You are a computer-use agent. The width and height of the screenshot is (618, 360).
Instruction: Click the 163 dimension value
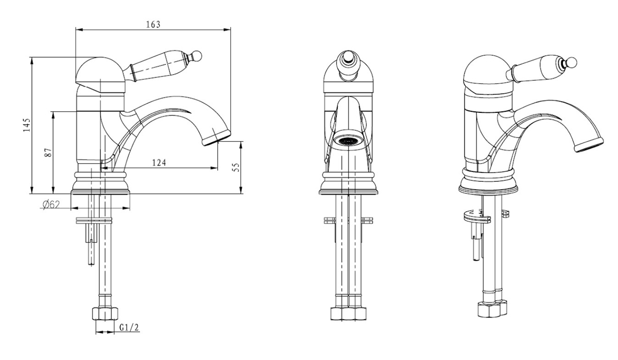(x=153, y=24)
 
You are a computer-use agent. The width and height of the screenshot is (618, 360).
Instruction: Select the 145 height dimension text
(x=27, y=126)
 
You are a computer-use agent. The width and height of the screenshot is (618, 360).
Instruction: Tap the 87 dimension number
(x=47, y=152)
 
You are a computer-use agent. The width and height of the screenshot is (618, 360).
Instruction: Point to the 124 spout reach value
(x=159, y=163)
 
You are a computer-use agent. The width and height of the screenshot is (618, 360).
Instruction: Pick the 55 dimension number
(x=236, y=168)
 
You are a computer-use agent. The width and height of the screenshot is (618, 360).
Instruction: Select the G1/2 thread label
(x=129, y=328)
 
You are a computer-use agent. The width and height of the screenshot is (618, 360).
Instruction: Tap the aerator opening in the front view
(x=348, y=140)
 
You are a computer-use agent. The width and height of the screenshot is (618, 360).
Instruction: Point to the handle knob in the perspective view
(x=572, y=64)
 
